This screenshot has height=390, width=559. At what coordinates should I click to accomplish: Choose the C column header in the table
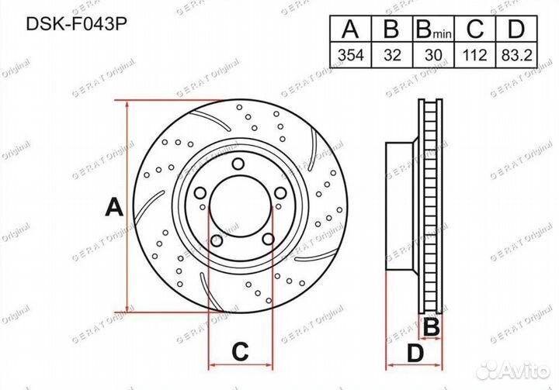coord(476,29)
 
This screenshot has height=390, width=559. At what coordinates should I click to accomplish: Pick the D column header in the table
coord(515,29)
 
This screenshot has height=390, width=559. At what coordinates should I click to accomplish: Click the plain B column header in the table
coord(392,29)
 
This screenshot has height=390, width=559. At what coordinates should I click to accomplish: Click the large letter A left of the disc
coord(113,208)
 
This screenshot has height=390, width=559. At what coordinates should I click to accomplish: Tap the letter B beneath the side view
coord(432,326)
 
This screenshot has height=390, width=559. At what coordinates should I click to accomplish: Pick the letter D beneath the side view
coord(416,354)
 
